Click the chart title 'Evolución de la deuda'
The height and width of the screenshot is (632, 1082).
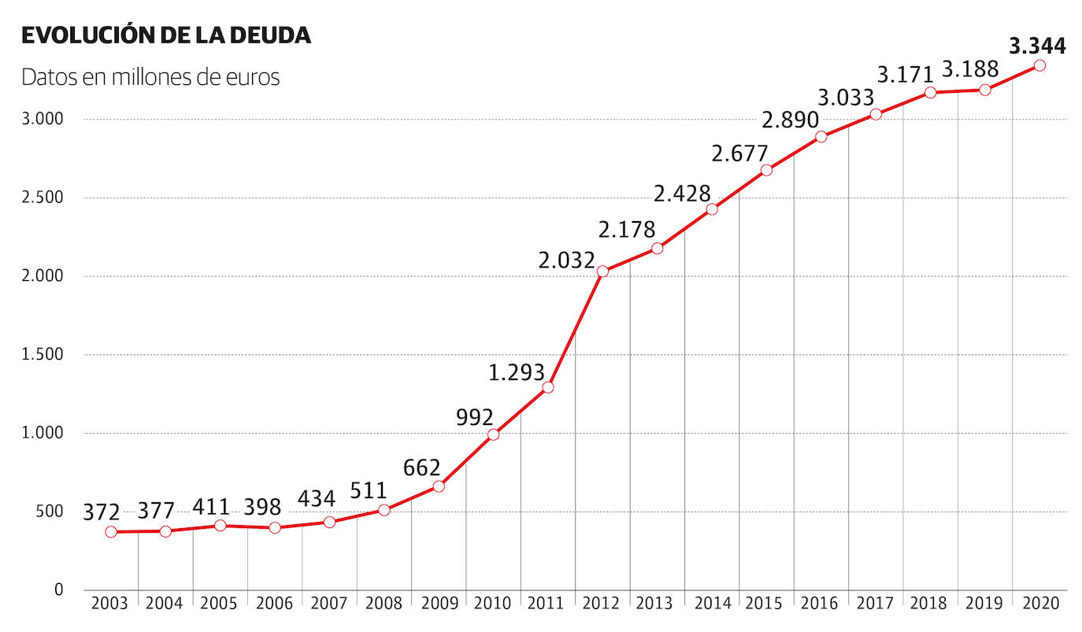pos(166,35)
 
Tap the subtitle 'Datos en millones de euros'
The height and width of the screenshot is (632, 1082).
pos(150,78)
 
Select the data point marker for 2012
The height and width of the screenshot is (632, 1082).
pos(603,272)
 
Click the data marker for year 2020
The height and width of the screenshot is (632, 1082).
pos(1039,65)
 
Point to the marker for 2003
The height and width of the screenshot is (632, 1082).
pos(111,532)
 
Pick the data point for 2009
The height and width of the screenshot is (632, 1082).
pos(439,486)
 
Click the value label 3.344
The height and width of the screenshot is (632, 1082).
pos(1037,46)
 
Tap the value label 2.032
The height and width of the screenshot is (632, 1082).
pos(566,260)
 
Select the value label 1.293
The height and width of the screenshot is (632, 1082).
pos(517,372)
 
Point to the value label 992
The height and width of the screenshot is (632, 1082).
pos(475,417)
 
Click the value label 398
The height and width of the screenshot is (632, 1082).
pos(262,507)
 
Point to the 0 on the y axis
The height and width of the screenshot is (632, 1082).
pos(58,589)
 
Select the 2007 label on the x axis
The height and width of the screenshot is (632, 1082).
pos(328,604)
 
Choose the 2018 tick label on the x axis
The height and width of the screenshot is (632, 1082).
pos(929,604)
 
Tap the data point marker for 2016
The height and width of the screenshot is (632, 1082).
pos(821,137)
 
